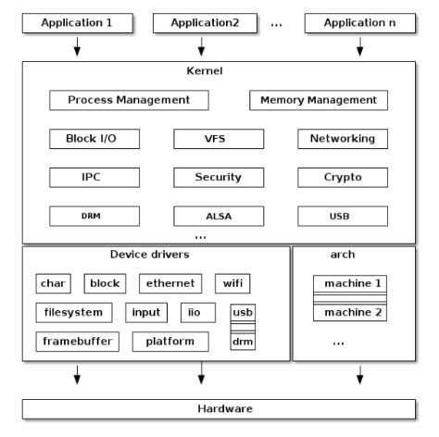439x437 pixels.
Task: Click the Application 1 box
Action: pos(76,20)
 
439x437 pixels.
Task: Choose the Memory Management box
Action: pos(319,100)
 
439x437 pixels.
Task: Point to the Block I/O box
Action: pos(83,139)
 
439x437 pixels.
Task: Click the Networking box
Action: pos(336,139)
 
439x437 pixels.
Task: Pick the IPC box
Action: pos(83,177)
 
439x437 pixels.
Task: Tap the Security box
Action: pos(219,177)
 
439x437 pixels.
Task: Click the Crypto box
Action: pos(336,177)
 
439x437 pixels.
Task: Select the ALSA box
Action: pos(219,216)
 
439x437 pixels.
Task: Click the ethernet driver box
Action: pos(170,283)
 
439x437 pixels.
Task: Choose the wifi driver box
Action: pos(232,283)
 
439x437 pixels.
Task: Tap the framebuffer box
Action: pos(79,342)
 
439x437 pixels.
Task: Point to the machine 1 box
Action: pos(348,283)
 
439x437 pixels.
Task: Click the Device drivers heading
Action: pos(149,255)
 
